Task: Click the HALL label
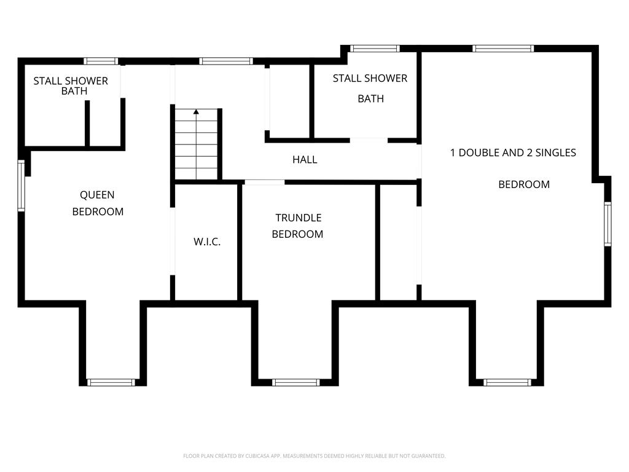305,160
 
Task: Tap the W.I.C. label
207,242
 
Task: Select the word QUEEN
97,195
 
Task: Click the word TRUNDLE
299,218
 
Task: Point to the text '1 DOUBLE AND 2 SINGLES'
513,152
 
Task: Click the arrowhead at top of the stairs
196,112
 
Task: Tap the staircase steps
196,144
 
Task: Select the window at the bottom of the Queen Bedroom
111,382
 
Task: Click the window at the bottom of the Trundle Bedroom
296,382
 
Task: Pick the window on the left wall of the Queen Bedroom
21,186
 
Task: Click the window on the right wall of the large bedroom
608,224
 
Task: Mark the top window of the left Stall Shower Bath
101,61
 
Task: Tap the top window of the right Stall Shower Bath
375,49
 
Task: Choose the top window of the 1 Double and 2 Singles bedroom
503,49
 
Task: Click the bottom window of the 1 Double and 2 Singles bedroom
507,382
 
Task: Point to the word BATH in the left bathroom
74,91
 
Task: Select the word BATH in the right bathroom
370,99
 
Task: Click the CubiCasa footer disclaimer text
314,456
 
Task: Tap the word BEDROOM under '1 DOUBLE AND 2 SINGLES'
524,184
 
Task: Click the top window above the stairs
226,61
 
